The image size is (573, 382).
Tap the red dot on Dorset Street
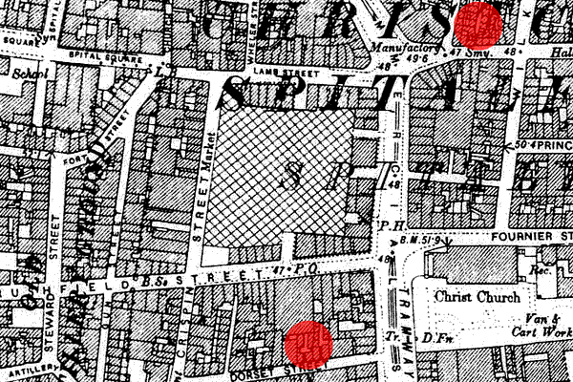pos(308,343)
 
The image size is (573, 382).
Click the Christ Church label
pos(471,296)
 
